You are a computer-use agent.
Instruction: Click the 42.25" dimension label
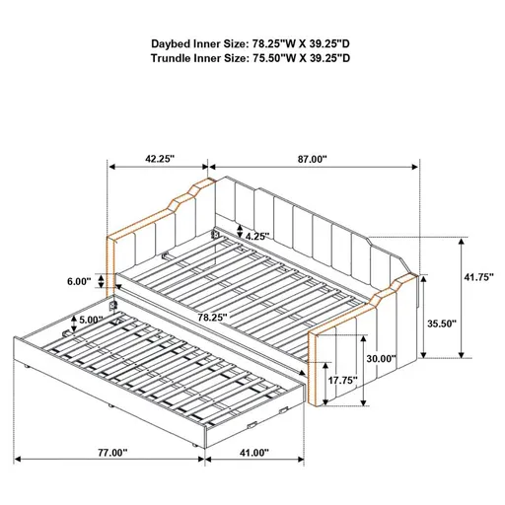point(157,157)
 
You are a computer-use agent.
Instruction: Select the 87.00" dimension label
point(311,157)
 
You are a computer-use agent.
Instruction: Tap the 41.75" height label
point(477,278)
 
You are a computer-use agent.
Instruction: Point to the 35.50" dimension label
point(441,322)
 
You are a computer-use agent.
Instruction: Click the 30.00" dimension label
point(380,359)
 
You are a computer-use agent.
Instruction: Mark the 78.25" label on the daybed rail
point(210,318)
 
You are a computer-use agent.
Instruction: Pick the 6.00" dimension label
point(80,281)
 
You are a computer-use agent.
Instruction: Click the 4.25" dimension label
point(258,236)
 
